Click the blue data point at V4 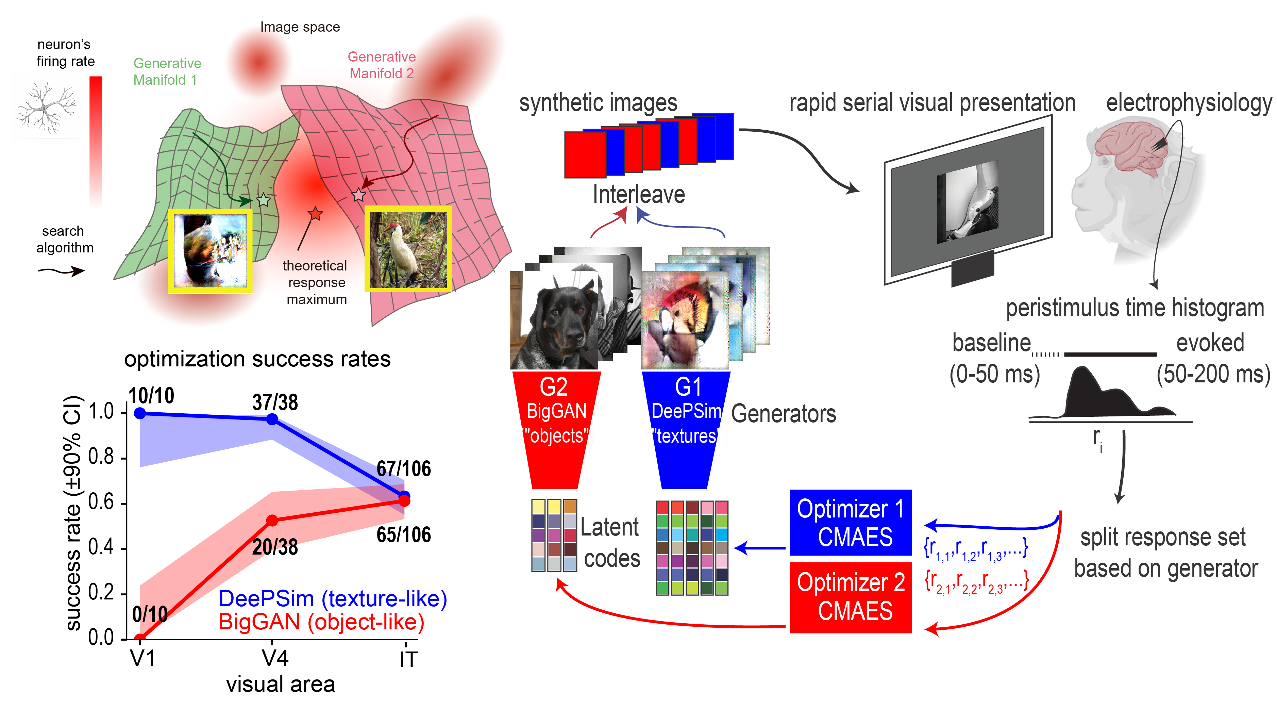272,419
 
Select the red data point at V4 272,521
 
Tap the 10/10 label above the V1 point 151,396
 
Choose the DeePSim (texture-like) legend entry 333,599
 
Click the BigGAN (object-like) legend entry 321,622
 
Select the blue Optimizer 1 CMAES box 850,523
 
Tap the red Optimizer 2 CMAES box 850,597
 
